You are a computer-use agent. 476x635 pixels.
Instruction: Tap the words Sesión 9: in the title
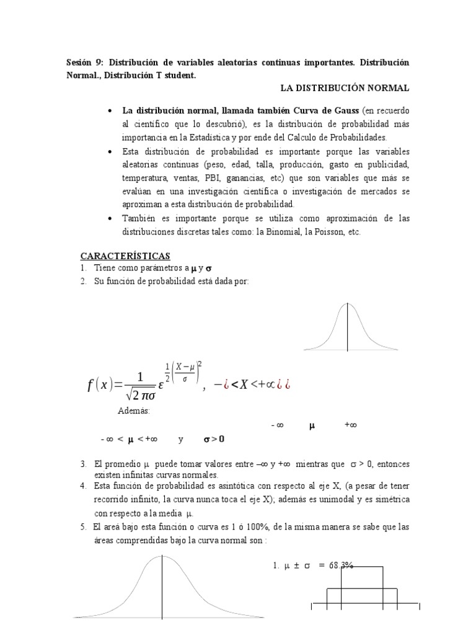[x=84, y=63]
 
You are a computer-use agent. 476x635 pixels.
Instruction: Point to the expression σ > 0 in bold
[x=214, y=440]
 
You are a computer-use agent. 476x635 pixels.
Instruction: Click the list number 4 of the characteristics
[x=82, y=485]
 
